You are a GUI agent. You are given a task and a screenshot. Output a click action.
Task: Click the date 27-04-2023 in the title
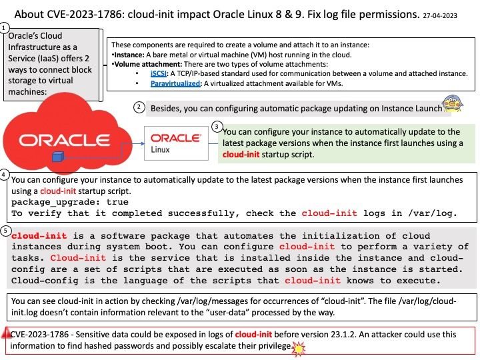(x=440, y=15)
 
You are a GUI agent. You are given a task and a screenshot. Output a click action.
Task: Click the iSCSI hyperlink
(x=158, y=73)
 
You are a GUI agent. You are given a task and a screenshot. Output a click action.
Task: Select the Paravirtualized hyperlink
(x=175, y=83)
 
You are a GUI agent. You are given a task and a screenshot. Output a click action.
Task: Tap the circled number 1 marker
(x=4, y=29)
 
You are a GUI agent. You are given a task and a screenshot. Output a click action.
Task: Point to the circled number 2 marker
(x=139, y=107)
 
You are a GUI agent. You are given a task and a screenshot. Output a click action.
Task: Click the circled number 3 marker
(x=217, y=127)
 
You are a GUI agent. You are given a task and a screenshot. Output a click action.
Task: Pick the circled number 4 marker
(x=4, y=175)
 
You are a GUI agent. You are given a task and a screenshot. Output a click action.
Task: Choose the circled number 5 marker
(x=5, y=231)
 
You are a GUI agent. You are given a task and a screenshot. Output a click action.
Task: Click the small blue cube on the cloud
(x=57, y=157)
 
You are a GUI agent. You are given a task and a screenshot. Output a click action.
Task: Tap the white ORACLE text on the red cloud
(x=64, y=140)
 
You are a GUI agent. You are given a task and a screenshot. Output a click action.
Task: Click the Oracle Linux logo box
(x=176, y=143)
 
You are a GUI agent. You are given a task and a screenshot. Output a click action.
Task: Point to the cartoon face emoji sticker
(x=453, y=103)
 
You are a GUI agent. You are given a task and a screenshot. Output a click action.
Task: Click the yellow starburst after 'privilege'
(x=299, y=349)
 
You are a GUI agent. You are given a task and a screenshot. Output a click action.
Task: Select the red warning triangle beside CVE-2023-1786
(x=5, y=333)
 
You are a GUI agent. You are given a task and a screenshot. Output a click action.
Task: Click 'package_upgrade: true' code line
(x=70, y=202)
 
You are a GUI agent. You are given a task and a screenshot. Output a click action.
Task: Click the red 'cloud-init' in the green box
(x=241, y=154)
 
